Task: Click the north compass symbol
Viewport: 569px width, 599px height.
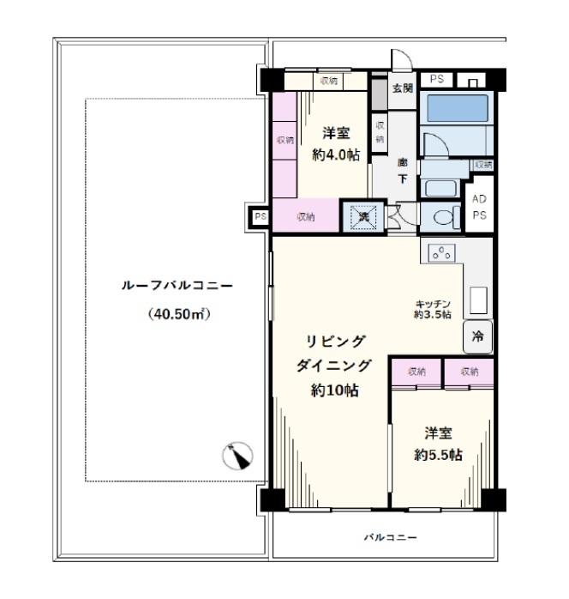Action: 237,456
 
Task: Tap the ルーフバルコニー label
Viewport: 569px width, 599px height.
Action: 177,286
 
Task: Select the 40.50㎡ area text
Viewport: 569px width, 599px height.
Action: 179,314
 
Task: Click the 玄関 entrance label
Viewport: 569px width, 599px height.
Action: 403,88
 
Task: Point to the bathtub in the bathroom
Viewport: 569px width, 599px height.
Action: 458,108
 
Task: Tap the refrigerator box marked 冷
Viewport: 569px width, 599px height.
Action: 478,337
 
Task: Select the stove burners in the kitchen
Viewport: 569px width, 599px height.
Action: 441,253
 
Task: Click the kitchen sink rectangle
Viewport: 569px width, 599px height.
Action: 479,300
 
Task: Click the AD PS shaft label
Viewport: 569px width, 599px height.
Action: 479,207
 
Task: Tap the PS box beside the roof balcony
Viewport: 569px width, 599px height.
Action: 261,217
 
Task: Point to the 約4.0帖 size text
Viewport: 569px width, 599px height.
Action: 336,155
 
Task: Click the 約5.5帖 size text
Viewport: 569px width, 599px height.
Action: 439,455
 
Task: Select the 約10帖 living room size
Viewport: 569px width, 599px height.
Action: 335,390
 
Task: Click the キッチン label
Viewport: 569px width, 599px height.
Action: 433,304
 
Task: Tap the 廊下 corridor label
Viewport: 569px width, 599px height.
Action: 403,171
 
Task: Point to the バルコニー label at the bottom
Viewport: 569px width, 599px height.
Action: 390,537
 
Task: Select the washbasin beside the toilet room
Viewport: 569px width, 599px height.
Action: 440,188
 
